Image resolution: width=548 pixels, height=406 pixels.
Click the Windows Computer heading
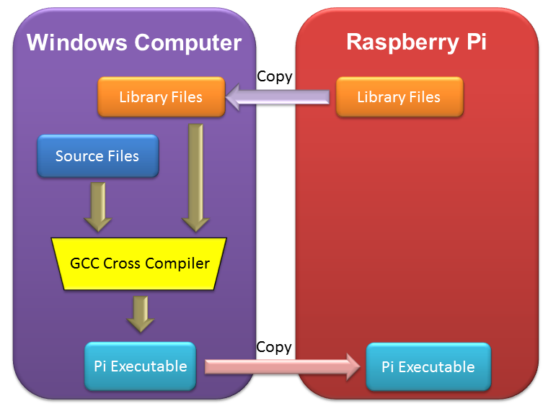click(133, 42)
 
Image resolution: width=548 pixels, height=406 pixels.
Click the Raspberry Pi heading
click(416, 42)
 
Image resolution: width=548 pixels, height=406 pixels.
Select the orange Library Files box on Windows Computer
click(161, 97)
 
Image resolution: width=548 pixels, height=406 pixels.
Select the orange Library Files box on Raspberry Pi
click(399, 97)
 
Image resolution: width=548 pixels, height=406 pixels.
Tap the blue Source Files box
click(97, 155)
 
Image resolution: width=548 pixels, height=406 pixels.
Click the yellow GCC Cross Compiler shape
click(139, 263)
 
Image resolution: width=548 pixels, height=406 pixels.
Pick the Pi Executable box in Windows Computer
click(140, 366)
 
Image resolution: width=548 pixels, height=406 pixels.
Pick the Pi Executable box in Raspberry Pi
click(428, 367)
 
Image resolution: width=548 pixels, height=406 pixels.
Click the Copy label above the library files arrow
click(274, 76)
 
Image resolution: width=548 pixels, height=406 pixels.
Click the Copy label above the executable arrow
click(274, 347)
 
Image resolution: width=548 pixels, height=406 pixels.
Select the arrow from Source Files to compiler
click(97, 205)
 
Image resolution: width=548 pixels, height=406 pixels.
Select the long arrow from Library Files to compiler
click(193, 177)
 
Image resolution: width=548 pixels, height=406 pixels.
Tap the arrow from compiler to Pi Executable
click(140, 313)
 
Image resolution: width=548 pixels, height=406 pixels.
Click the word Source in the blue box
click(79, 155)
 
